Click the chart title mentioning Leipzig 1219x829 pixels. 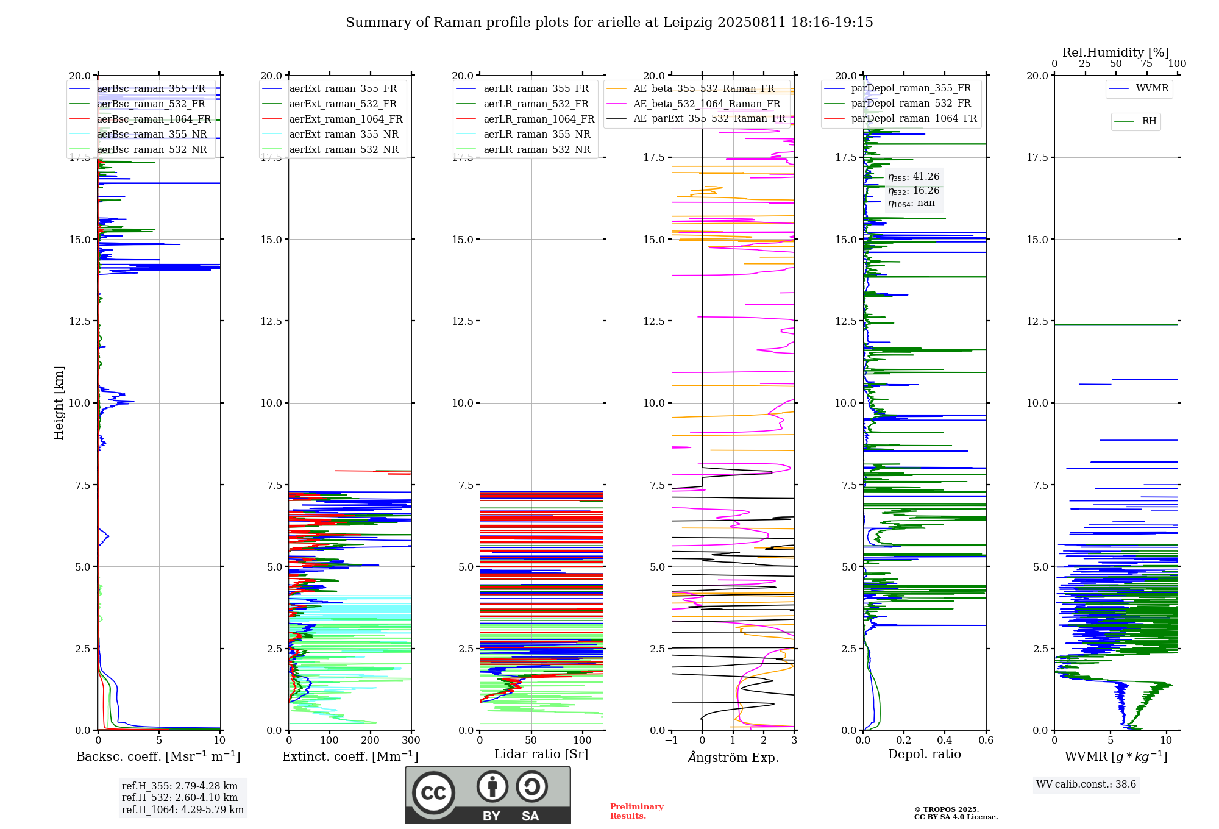609,23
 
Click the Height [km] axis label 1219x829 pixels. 59,403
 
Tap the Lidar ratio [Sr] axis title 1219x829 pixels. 541,755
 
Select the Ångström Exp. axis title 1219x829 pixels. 733,757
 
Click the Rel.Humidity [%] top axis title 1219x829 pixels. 1116,52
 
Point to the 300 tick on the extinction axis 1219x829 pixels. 411,740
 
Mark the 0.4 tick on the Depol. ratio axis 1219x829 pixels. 945,740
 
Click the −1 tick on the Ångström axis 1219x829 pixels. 671,740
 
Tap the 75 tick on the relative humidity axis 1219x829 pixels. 1146,64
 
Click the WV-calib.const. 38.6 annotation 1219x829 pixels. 1086,785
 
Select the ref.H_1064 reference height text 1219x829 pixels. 183,810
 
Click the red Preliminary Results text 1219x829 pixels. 637,811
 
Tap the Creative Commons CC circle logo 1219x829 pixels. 433,793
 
